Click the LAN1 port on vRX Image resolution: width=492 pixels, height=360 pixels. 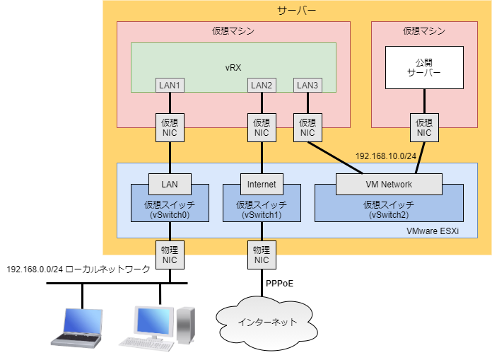(x=170, y=86)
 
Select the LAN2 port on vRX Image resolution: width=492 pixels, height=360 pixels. (x=262, y=86)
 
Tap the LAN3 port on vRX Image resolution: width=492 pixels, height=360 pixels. (x=307, y=86)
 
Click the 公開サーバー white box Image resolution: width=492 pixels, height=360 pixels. (x=423, y=67)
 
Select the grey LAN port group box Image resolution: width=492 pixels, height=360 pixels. (x=170, y=185)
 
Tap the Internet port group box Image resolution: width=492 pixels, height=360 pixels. (x=262, y=185)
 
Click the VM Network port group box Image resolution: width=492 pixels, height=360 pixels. (x=389, y=185)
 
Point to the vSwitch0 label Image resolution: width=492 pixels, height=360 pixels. (x=170, y=214)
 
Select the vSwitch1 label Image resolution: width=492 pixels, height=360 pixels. (x=262, y=214)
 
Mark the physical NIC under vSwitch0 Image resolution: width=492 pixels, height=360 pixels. (x=170, y=254)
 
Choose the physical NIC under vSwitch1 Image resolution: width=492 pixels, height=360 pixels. (x=262, y=254)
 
